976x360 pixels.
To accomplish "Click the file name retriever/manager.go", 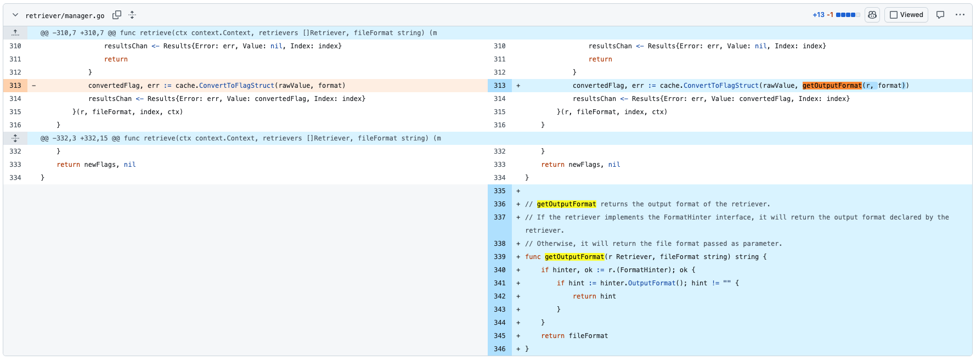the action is [65, 15].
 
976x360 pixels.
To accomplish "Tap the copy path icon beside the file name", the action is [117, 15].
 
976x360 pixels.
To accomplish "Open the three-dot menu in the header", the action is [960, 15].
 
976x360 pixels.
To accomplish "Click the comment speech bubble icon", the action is [940, 15].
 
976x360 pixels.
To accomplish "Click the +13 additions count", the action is [819, 15].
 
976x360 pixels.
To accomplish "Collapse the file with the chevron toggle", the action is [15, 15].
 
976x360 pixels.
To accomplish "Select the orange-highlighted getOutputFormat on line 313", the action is [832, 86].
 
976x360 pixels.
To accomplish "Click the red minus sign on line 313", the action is [34, 86].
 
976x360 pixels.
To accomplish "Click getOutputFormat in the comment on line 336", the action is [566, 204].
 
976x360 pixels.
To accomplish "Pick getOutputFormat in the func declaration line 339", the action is [574, 257].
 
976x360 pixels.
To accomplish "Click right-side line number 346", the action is [499, 349].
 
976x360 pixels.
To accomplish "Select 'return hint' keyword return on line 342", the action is [584, 296].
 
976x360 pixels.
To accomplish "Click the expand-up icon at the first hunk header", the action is [15, 33].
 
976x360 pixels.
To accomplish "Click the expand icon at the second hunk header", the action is [15, 138].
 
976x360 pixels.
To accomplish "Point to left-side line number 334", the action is [15, 178].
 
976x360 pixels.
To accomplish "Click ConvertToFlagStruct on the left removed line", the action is [236, 86].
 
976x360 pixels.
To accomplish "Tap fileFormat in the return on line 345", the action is [588, 336].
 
